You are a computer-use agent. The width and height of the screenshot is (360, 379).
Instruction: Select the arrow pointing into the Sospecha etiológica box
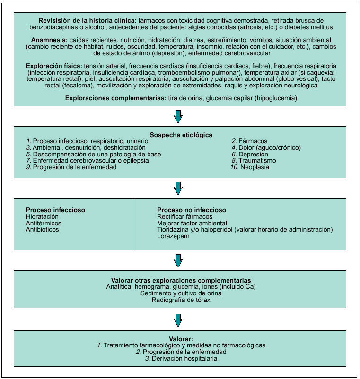click(x=178, y=116)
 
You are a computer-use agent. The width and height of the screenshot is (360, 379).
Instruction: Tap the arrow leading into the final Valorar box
click(x=178, y=320)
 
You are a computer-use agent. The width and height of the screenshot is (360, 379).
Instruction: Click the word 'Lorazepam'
click(x=174, y=236)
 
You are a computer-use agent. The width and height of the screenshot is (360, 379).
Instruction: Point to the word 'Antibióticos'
click(x=43, y=229)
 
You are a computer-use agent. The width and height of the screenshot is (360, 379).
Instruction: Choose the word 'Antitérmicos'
click(x=44, y=223)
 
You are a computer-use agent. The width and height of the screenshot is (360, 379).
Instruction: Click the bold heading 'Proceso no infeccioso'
click(x=192, y=210)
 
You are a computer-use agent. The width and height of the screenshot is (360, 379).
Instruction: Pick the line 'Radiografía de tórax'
click(x=178, y=300)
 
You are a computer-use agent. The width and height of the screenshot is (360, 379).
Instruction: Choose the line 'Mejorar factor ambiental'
click(x=192, y=223)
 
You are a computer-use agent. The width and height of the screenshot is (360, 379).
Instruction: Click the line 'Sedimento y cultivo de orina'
click(x=178, y=293)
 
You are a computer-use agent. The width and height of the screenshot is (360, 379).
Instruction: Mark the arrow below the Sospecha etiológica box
click(x=178, y=188)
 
